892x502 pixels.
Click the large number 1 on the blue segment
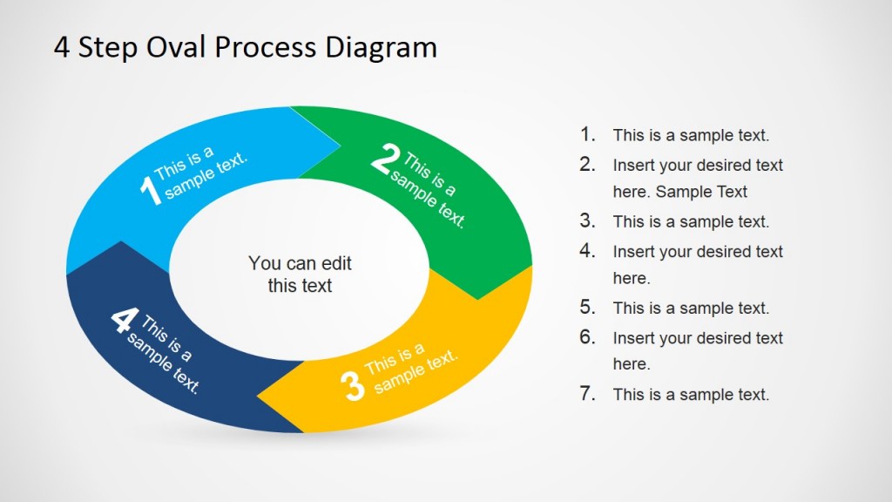pos(149,191)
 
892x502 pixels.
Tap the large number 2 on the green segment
pos(385,159)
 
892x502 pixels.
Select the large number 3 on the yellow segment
pos(352,386)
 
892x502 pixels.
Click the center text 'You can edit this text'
pos(300,274)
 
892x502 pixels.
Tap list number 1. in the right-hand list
pos(588,134)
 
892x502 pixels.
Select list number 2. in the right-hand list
pos(588,164)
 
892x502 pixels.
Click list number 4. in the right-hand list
pos(588,250)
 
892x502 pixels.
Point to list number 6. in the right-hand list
pos(588,336)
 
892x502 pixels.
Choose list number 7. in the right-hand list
pos(588,393)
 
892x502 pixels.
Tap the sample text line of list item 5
pos(691,308)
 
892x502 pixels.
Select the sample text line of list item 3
pos(691,221)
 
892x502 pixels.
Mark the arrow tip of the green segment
pos(478,297)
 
